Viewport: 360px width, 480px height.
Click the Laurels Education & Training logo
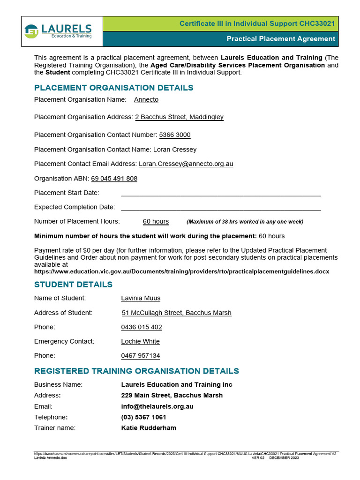[58, 31]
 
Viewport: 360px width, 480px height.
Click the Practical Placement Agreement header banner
[281, 39]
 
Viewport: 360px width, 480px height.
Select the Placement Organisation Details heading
[113, 88]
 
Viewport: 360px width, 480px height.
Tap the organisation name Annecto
[146, 99]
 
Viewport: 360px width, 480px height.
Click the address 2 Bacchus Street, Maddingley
[179, 117]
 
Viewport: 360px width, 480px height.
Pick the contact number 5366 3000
[175, 135]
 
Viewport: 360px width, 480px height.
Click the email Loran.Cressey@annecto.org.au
[186, 164]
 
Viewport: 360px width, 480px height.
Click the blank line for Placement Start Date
[221, 193]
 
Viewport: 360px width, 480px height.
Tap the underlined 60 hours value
[156, 221]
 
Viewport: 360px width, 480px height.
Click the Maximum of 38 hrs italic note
[245, 222]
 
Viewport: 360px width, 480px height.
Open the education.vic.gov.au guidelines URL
[181, 271]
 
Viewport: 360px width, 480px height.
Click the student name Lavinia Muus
[141, 298]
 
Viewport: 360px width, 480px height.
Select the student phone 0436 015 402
[142, 327]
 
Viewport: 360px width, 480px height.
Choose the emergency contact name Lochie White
[140, 341]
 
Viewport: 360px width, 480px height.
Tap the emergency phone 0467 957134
[140, 356]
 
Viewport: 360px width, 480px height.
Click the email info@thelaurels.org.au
[157, 406]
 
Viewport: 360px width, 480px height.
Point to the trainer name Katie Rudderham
[149, 427]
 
